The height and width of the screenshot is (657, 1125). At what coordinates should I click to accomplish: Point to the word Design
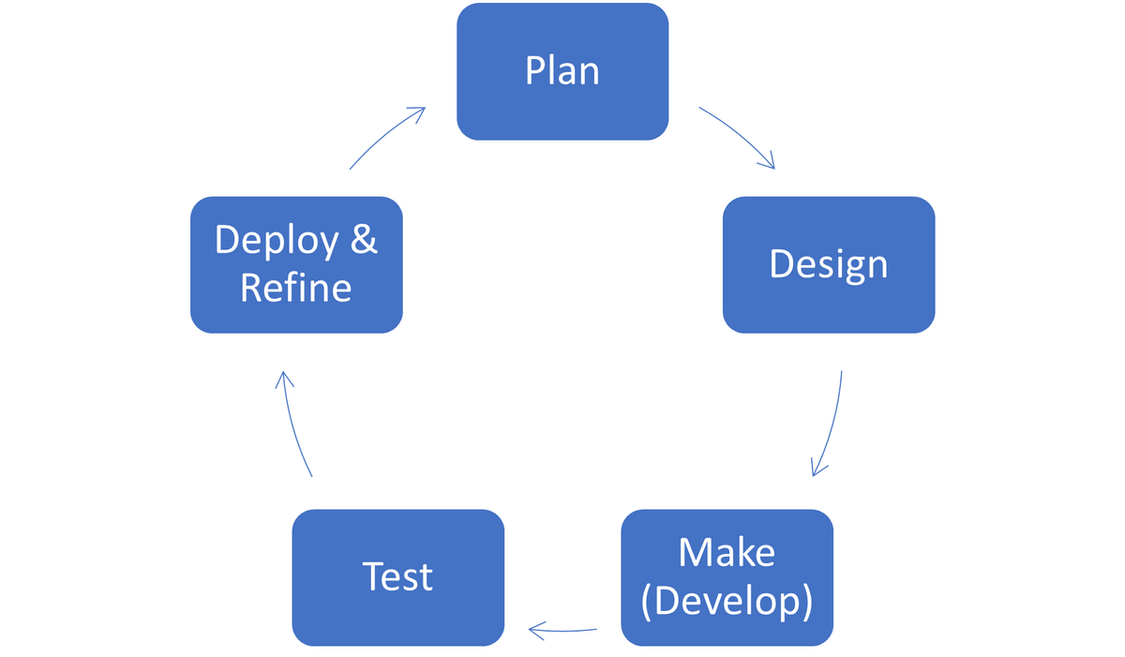[829, 265]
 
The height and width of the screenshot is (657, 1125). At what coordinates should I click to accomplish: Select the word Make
[727, 553]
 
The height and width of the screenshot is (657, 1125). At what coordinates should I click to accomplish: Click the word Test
[398, 577]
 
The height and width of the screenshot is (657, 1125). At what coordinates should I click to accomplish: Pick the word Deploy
[277, 242]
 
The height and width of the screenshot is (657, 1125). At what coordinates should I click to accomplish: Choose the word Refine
[295, 288]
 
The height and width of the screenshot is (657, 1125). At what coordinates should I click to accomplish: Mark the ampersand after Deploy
[364, 241]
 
